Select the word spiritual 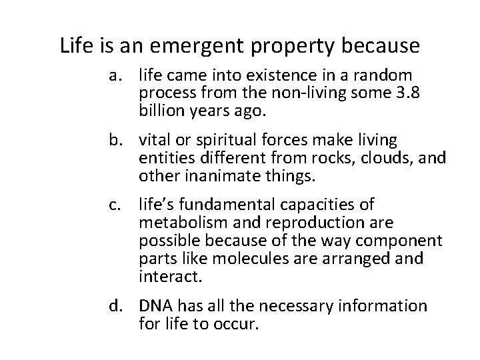point(225,140)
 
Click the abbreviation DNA point(156,306)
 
